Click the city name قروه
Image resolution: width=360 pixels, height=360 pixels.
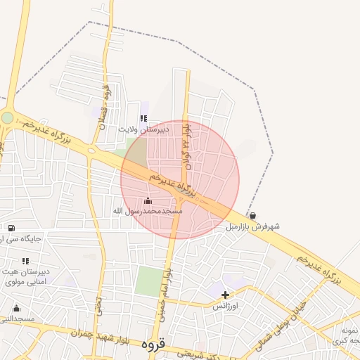click(x=152, y=345)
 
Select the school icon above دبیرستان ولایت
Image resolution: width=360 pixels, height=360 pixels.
click(x=144, y=119)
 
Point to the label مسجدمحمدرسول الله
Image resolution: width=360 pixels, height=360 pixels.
click(x=148, y=211)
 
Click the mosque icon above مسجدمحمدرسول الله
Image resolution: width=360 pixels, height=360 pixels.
click(x=148, y=201)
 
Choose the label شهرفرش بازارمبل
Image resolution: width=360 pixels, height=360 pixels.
click(x=253, y=226)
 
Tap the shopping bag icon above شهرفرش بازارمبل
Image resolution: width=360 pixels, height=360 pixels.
click(x=252, y=215)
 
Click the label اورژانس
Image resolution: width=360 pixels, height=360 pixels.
click(x=226, y=307)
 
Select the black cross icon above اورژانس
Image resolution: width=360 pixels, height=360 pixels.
click(x=226, y=295)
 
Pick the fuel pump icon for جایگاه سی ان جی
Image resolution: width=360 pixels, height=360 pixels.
click(x=11, y=227)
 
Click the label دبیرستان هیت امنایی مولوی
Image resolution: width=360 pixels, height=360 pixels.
click(x=25, y=277)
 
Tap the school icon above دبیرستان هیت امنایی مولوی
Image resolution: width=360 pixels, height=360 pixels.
click(x=26, y=261)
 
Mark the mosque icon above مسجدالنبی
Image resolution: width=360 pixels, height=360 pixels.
click(x=16, y=308)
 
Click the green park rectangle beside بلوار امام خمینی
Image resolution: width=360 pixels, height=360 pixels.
click(x=148, y=281)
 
